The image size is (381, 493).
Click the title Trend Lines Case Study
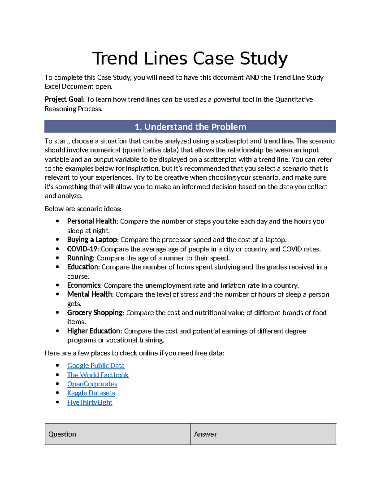pos(190,59)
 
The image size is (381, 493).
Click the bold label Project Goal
pos(63,99)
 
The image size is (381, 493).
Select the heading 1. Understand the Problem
pos(190,127)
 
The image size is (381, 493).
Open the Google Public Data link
pos(96,366)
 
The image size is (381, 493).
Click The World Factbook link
pos(97,375)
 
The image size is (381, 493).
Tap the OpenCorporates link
pos(92,384)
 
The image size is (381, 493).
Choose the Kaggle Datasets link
pos(91,393)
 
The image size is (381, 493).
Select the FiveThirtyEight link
pos(90,402)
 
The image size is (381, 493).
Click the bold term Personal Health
pos(92,221)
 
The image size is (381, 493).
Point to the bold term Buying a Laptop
pos(92,240)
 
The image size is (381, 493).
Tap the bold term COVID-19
pos(83,249)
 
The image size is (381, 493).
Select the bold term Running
pos(80,258)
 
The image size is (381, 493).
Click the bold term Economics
pos(84,285)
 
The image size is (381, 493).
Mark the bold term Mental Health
pos(90,294)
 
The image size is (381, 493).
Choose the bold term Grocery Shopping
pos(95,313)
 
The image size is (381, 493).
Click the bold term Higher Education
pos(94,331)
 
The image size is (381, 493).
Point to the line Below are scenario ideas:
pos(83,209)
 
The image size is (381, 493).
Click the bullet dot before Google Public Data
pos(57,365)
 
